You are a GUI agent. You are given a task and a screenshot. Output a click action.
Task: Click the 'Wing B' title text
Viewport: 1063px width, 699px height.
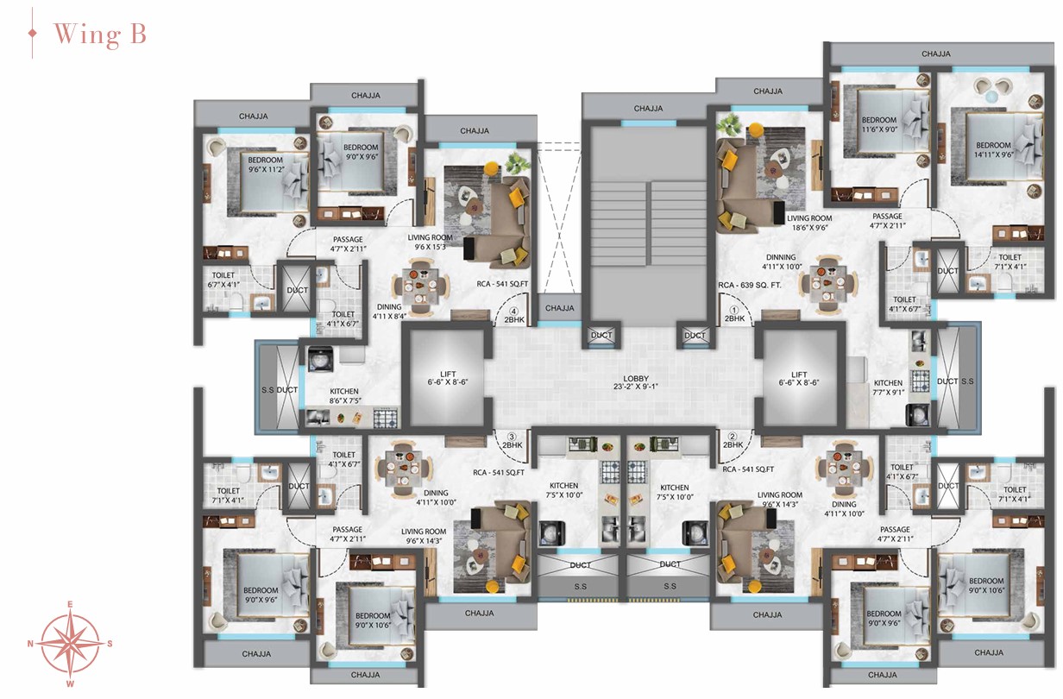pos(100,35)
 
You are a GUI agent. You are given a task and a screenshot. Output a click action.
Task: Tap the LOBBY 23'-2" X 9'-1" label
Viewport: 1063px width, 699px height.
pos(635,382)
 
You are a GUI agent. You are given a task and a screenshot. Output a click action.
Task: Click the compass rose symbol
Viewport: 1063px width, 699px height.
pos(70,644)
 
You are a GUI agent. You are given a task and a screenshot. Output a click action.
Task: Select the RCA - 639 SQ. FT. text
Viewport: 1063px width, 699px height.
pos(749,285)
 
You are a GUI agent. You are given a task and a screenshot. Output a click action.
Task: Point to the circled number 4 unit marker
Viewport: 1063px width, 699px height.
pos(513,312)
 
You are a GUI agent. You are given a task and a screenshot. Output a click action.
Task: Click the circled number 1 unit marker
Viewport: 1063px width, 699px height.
pos(735,311)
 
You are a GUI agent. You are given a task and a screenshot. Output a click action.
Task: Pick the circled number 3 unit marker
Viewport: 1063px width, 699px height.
pos(512,437)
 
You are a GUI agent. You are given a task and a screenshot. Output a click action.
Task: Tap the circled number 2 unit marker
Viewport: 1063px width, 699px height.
pos(733,436)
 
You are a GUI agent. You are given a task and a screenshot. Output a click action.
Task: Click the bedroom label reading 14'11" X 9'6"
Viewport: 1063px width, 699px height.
pos(993,149)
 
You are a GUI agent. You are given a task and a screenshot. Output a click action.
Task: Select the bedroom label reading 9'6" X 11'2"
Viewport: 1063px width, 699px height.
pos(265,165)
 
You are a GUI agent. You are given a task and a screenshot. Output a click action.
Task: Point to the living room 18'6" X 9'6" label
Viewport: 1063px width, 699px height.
pos(809,223)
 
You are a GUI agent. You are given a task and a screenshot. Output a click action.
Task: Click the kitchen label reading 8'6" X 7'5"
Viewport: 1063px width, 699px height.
pos(344,396)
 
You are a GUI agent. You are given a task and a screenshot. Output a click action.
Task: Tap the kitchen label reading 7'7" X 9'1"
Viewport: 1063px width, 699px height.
pos(889,387)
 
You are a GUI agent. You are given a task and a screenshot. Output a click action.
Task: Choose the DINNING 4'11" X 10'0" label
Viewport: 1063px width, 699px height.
pos(781,261)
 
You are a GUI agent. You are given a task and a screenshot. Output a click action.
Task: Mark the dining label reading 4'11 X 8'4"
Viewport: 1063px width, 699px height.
pos(389,312)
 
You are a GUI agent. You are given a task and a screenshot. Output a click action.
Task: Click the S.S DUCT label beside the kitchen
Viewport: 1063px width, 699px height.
pos(280,389)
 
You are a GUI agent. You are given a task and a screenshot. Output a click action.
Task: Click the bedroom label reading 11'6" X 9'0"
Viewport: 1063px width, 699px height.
pos(879,124)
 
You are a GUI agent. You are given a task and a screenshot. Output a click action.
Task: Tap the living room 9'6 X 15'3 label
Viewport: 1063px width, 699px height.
pos(430,242)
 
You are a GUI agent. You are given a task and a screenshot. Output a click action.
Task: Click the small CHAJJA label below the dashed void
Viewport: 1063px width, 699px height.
pos(559,308)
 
